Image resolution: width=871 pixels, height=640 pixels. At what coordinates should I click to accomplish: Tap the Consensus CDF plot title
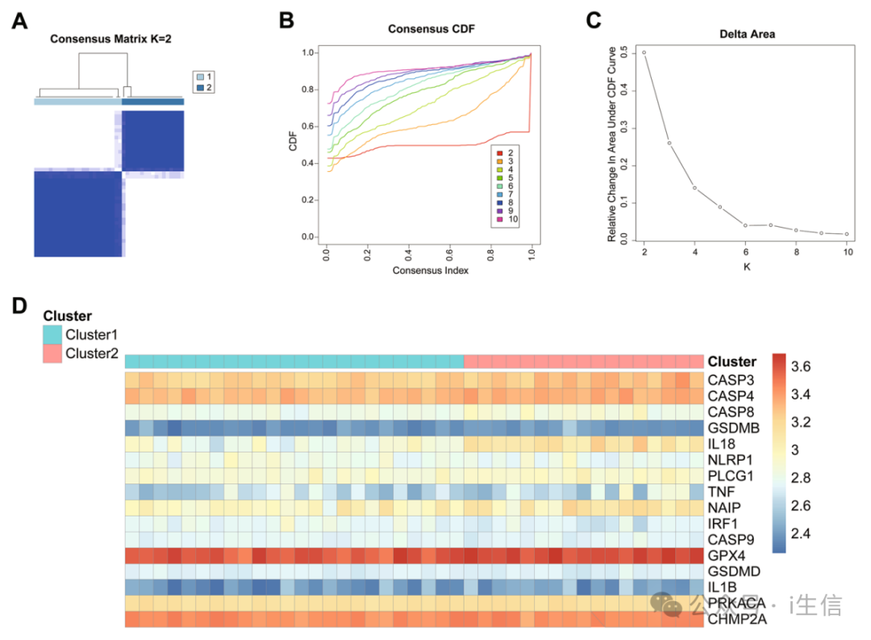click(x=431, y=29)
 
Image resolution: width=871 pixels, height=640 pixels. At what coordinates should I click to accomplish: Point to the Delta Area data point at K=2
click(x=644, y=52)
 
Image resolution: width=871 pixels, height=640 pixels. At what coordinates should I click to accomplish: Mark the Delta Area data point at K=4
click(x=694, y=188)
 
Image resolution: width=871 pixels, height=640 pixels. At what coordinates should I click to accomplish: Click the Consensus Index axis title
click(x=431, y=270)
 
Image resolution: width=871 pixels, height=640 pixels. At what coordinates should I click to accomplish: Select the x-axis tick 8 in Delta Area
click(x=795, y=253)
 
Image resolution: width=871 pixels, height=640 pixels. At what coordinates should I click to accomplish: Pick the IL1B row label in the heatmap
click(x=723, y=588)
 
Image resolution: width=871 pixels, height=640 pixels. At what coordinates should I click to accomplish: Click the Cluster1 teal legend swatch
click(x=52, y=334)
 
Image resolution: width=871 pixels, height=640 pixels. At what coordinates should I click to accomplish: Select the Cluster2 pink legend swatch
click(x=52, y=353)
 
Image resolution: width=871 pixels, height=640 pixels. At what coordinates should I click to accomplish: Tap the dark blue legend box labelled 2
click(x=198, y=87)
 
